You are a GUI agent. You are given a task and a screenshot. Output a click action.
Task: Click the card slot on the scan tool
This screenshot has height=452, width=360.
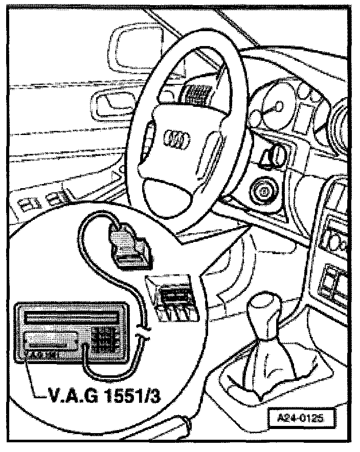click(x=51, y=338)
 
